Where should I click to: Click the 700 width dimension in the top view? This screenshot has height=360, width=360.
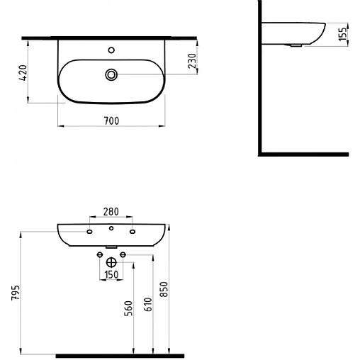(111, 120)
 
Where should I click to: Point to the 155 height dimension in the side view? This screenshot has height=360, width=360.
(343, 35)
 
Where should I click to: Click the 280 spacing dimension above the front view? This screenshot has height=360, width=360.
(111, 211)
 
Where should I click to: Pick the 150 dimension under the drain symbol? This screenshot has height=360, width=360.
(111, 275)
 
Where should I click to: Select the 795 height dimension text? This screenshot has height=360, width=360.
(16, 293)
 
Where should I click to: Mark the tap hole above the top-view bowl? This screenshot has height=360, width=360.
(111, 50)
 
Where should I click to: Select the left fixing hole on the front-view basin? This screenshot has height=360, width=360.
(90, 232)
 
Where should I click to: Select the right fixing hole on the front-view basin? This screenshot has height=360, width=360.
(132, 232)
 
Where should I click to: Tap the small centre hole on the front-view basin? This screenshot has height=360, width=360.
(111, 228)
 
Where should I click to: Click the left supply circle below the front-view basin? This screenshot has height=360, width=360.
(99, 254)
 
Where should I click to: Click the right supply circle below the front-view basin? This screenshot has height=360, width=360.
(123, 254)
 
